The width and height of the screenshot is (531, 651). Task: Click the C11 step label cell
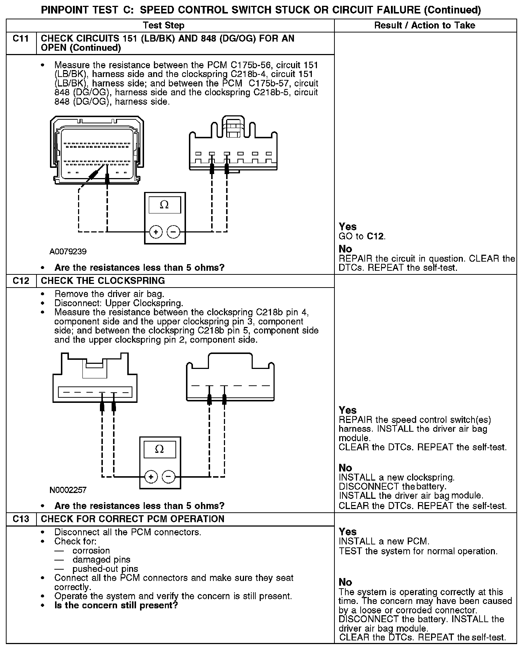pos(21,39)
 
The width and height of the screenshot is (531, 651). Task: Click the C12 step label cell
pos(21,281)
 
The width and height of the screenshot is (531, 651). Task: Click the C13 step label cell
pos(21,519)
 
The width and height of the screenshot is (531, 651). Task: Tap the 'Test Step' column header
pos(163,25)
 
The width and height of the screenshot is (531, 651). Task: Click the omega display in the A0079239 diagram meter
pos(164,205)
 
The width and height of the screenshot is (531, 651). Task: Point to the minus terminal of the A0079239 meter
pos(174,232)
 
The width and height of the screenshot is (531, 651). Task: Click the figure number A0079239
pos(68,252)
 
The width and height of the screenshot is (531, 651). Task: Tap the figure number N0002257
pos(68,490)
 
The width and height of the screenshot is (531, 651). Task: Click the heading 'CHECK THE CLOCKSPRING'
pos(103,281)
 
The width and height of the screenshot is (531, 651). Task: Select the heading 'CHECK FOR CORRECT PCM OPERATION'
pos(132,519)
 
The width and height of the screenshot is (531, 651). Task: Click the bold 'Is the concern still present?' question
pos(116,605)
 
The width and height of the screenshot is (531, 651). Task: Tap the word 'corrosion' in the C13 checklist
pos(91,551)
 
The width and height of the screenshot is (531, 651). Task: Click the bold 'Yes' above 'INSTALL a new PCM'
pos(348,532)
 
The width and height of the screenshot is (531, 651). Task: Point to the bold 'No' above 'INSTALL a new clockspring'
pos(345,468)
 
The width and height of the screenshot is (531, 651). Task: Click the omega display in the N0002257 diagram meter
pos(159,449)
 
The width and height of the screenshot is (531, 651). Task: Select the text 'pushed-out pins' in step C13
pos(105,569)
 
